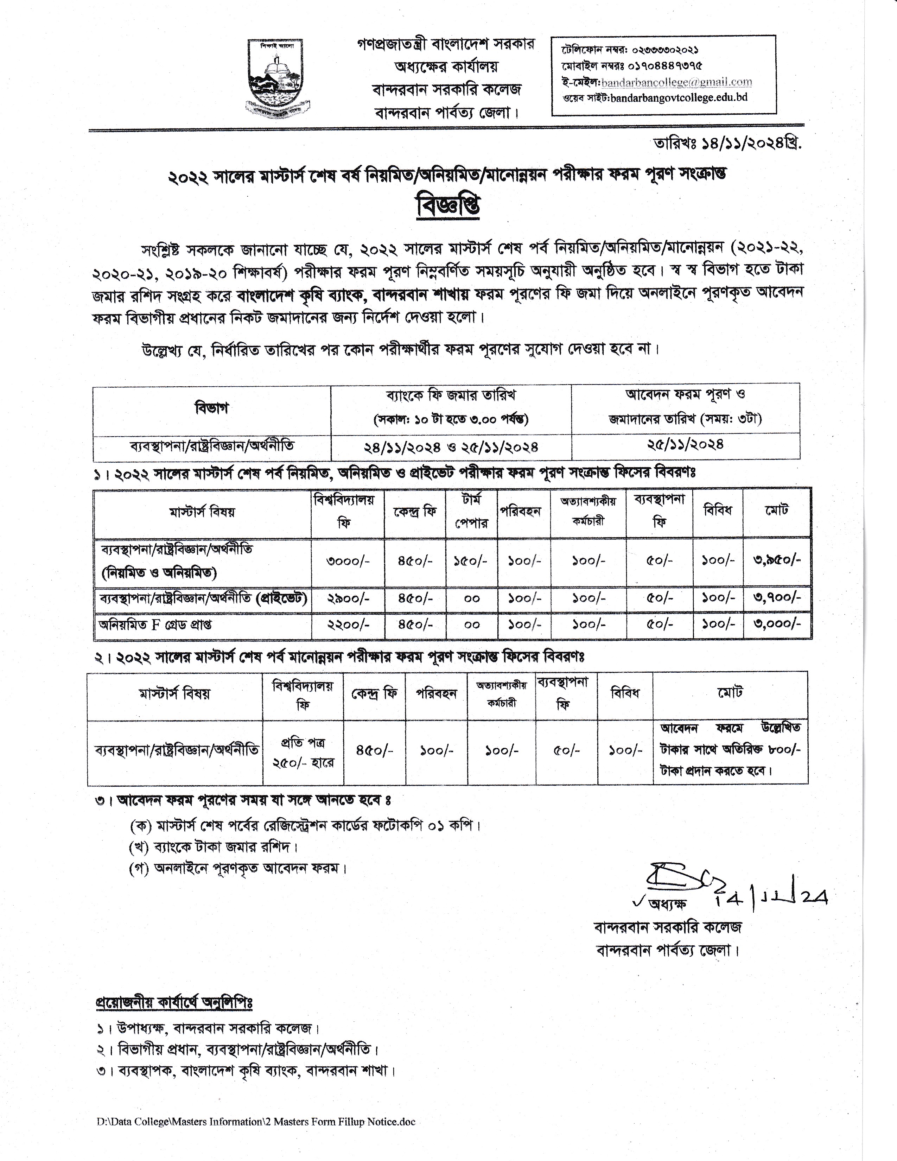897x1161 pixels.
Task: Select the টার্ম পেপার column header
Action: point(471,512)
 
